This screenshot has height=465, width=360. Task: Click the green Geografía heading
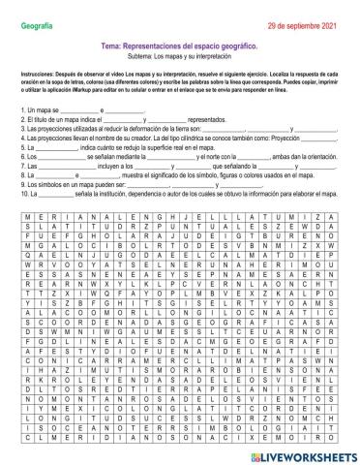[36, 10]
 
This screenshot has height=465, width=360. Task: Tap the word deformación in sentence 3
[151, 128]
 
